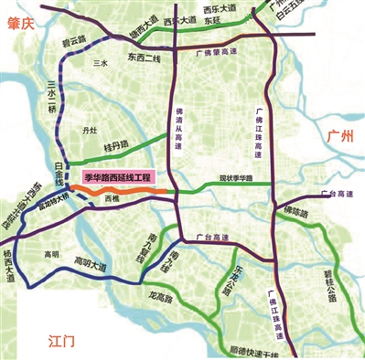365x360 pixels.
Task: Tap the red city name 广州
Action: tap(340, 136)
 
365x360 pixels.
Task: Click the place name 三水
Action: tap(100, 65)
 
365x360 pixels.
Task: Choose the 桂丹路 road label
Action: tap(117, 145)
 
